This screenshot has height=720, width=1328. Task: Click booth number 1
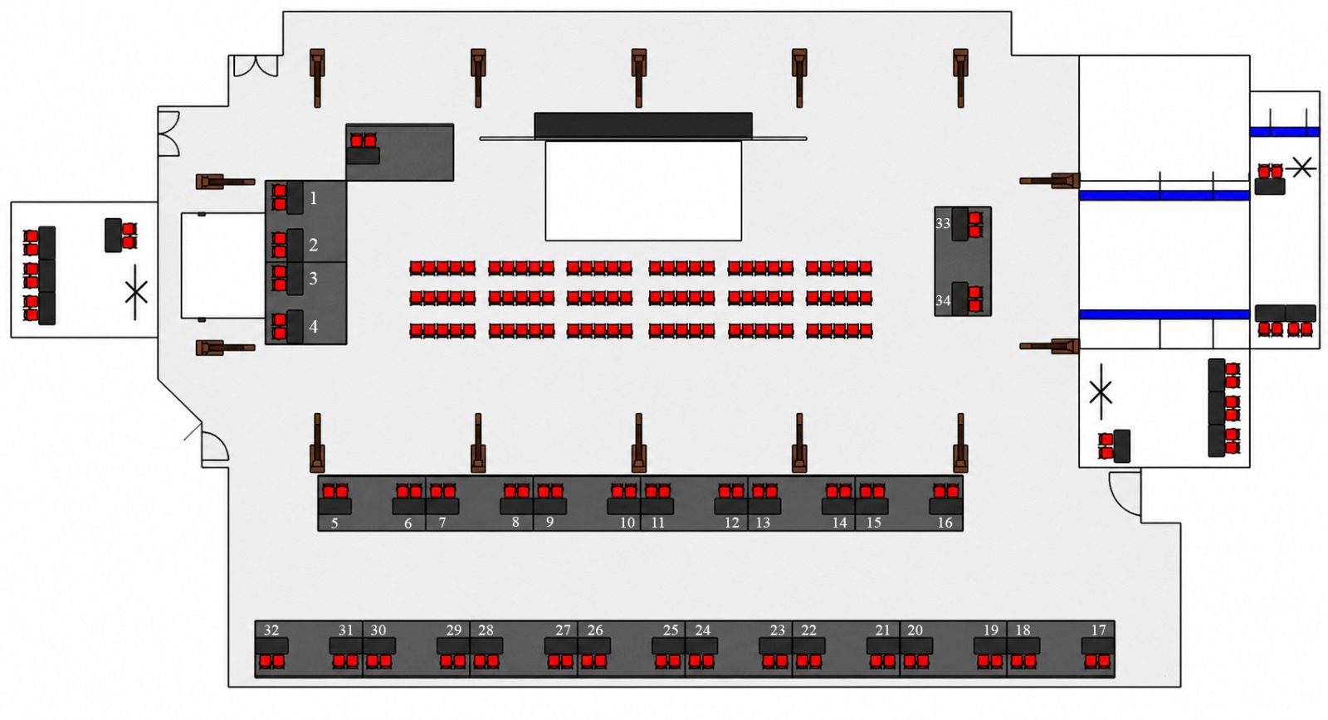[x=314, y=198]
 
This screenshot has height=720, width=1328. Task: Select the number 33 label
[x=943, y=223]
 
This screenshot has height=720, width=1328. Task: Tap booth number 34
[x=943, y=300]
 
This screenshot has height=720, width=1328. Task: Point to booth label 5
[x=334, y=523]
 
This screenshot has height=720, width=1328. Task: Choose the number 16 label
[x=945, y=523]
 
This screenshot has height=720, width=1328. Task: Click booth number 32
[x=271, y=630]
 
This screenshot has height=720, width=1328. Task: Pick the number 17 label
[x=1099, y=630]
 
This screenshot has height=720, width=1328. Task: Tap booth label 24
[x=702, y=630]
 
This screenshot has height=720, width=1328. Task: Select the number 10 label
[x=627, y=523]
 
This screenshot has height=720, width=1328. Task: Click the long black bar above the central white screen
[x=643, y=125]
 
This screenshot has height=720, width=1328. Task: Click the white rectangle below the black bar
[x=643, y=191]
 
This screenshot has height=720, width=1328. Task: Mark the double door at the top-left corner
[x=256, y=66]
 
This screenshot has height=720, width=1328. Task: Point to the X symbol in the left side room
[x=136, y=292]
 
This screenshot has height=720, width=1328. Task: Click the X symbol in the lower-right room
[x=1101, y=392]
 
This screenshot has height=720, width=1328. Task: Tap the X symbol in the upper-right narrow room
[x=1302, y=167]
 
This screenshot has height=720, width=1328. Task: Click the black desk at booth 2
[x=295, y=246]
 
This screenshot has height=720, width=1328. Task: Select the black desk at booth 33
[x=959, y=224]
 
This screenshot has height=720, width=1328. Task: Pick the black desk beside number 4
[x=295, y=327]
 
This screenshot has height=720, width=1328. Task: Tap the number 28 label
[x=486, y=630]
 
